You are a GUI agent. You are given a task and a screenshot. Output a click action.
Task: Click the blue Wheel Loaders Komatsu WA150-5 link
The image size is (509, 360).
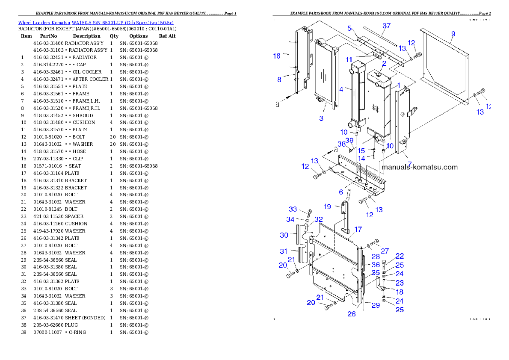pos(96,23)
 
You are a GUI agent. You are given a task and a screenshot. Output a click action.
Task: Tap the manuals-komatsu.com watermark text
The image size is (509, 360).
pos(419,167)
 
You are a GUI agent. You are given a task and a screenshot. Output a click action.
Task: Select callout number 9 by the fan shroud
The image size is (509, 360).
pos(453,34)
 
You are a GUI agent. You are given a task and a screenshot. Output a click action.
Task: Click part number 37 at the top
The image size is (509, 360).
pos(386,26)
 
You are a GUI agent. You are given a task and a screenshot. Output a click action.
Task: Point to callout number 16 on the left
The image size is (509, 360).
pos(277,56)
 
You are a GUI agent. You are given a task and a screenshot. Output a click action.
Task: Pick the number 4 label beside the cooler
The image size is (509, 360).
pos(341,89)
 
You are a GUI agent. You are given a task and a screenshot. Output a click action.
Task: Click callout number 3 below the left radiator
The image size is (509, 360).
pos(321,118)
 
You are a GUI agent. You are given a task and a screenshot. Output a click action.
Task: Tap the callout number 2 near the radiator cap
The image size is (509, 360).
pos(384,63)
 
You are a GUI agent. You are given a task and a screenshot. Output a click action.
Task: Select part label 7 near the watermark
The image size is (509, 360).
pos(409,164)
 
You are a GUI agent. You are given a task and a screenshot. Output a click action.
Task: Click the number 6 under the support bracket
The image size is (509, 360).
pos(341,192)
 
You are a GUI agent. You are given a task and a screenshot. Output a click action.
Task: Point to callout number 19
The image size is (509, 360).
pos(327,207)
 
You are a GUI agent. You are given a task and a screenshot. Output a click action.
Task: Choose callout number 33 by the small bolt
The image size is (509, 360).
pos(293,209)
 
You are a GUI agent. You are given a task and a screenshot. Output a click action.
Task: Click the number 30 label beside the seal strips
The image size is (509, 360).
pos(284,235)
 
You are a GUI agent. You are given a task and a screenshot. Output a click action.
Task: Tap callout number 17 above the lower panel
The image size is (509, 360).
pos(358,229)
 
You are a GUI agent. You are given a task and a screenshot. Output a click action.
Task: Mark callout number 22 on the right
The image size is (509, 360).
pos(400,256)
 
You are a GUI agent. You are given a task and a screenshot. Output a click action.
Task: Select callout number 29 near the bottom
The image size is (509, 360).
pos(376,305)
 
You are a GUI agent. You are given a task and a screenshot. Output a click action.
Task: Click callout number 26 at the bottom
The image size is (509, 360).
pos(351,314)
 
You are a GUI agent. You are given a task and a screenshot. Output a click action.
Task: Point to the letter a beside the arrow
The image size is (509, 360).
pos(278,104)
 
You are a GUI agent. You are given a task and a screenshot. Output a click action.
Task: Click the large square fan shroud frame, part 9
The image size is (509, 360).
pos(445,68)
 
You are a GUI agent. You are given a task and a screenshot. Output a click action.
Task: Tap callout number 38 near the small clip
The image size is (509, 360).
pos(341,144)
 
